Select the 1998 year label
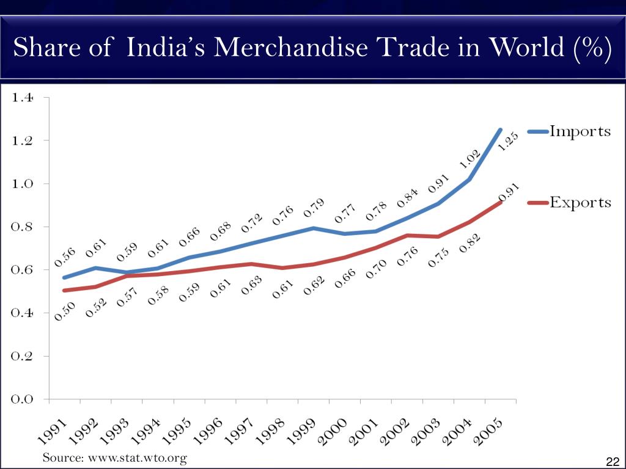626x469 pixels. point(269,430)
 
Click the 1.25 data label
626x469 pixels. point(508,142)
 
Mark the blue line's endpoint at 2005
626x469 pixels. point(501,129)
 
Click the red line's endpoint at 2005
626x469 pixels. point(501,202)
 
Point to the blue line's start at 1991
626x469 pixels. point(64,277)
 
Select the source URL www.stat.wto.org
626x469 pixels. point(136,457)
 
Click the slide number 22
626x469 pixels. point(612,461)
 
